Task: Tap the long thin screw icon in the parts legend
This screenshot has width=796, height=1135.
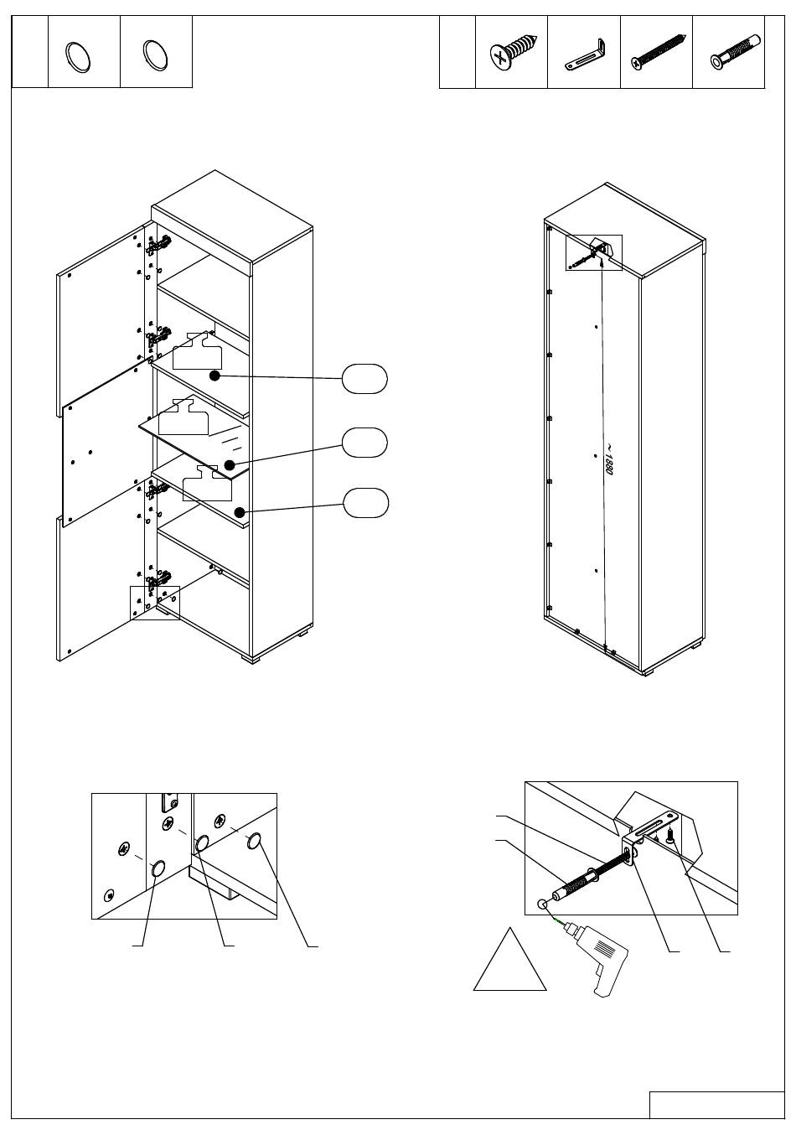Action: (657, 51)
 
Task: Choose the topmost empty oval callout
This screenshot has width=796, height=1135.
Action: (364, 379)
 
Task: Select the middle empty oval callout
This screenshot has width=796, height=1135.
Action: (364, 442)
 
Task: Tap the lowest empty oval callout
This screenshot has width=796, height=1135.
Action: (364, 504)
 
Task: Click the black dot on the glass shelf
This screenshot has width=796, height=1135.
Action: (229, 464)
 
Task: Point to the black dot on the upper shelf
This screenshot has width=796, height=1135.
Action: (215, 376)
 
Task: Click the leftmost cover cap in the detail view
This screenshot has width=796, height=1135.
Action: (158, 869)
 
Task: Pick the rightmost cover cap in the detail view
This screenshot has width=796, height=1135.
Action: (256, 841)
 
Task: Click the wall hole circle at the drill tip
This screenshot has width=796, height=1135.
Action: (543, 904)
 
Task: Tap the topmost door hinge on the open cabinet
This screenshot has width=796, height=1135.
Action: (158, 245)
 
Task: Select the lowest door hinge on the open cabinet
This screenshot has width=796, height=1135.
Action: (158, 579)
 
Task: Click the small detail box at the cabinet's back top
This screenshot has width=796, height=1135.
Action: (594, 252)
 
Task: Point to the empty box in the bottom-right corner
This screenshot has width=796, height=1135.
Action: (717, 1105)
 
